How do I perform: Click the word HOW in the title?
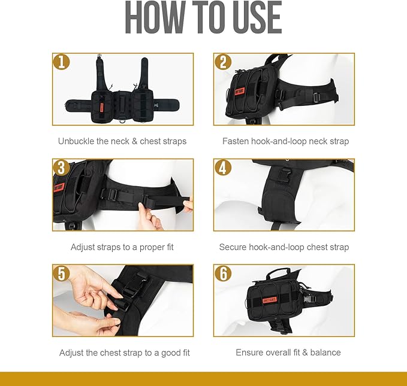155,17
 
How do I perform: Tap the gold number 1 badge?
61,62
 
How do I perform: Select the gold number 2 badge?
223,62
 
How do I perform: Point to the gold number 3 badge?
61,168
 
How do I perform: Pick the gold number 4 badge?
223,168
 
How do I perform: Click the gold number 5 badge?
61,273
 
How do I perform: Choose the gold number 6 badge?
223,273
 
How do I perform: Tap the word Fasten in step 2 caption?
236,141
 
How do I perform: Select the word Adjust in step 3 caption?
83,247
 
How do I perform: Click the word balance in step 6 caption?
325,352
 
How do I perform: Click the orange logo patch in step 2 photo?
240,92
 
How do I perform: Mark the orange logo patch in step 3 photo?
59,187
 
